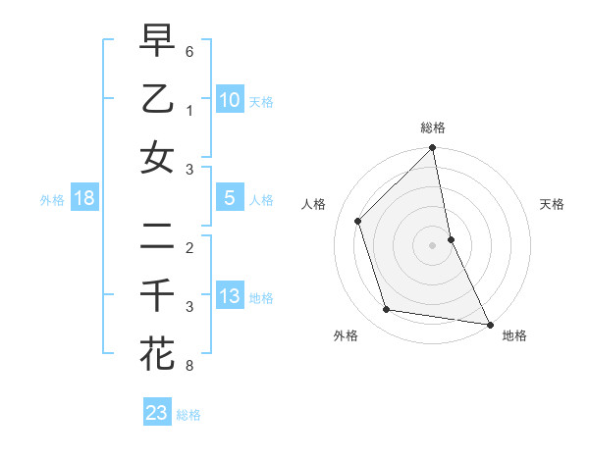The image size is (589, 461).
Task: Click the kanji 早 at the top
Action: tap(157, 42)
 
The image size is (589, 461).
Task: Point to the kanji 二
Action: tap(157, 236)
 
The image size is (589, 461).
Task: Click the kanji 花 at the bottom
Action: tap(157, 352)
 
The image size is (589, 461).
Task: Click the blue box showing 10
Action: tap(229, 99)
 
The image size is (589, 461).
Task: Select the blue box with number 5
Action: tap(229, 198)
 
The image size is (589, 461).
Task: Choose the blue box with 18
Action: tap(84, 198)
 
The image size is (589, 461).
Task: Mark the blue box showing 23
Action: tap(157, 412)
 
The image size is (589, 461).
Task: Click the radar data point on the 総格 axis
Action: tap(432, 149)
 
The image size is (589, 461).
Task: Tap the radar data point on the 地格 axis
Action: tap(489, 324)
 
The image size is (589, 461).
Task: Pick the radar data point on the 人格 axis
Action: tap(358, 221)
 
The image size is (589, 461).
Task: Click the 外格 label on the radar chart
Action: tap(346, 335)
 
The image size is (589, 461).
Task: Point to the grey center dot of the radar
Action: tap(432, 245)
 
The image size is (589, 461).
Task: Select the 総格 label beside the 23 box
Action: tap(188, 415)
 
